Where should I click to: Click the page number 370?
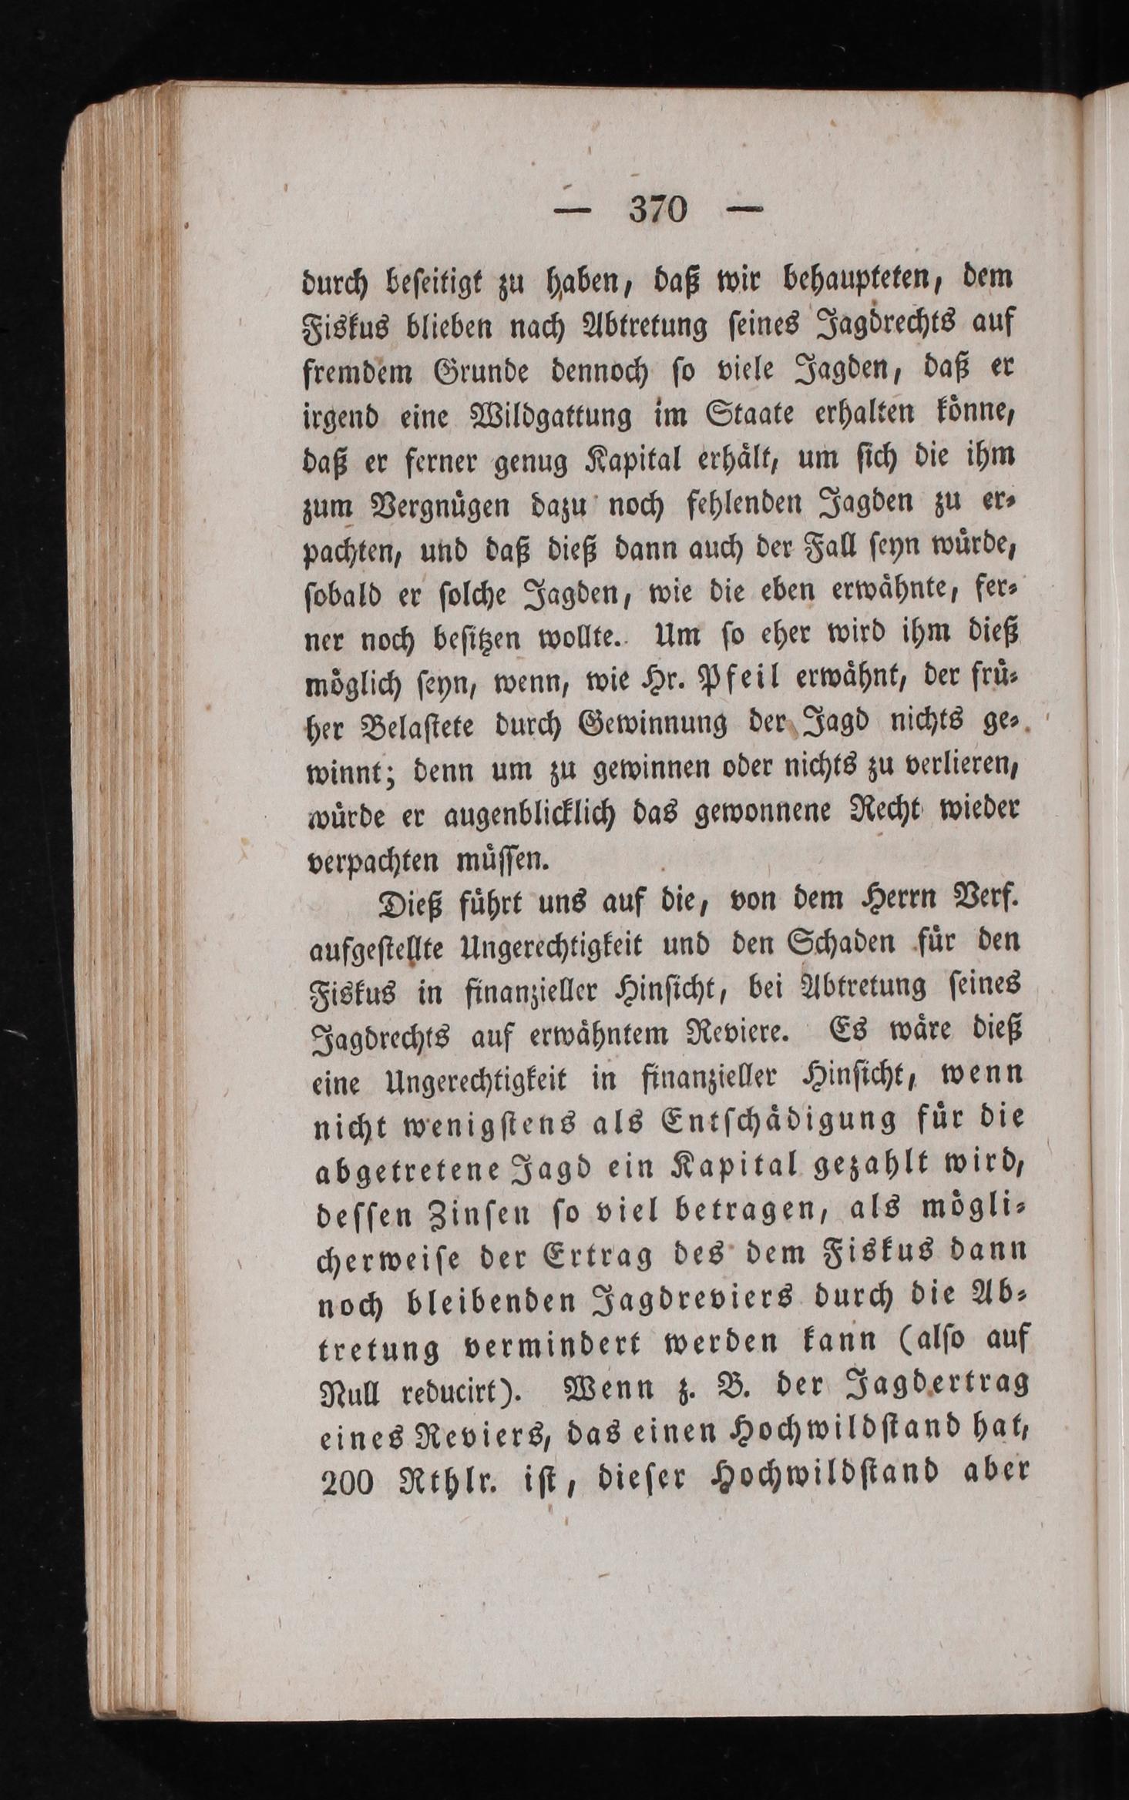tap(657, 209)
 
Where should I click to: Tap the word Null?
tap(352, 1394)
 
